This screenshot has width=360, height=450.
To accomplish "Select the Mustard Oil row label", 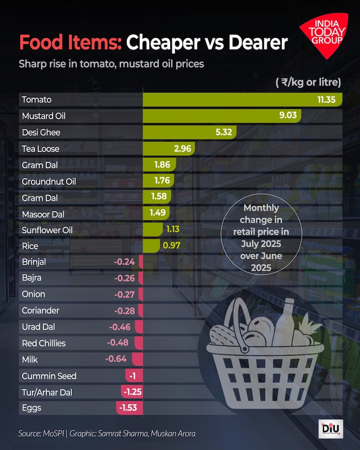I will click(x=44, y=116).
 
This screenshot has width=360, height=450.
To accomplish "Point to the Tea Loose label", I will click(x=41, y=149).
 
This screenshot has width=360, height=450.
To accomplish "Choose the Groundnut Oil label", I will click(x=49, y=181).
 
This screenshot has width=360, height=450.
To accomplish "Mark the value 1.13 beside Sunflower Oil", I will click(x=173, y=229).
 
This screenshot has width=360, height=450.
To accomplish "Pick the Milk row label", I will click(x=30, y=359).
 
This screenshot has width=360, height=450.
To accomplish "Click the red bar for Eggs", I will click(x=130, y=408).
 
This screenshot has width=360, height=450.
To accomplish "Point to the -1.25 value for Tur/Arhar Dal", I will click(x=132, y=392).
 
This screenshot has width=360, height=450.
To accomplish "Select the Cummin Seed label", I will click(x=49, y=376).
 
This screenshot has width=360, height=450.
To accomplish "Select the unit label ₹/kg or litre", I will click(x=308, y=82).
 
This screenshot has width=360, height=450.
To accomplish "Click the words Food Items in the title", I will click(x=70, y=43).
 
